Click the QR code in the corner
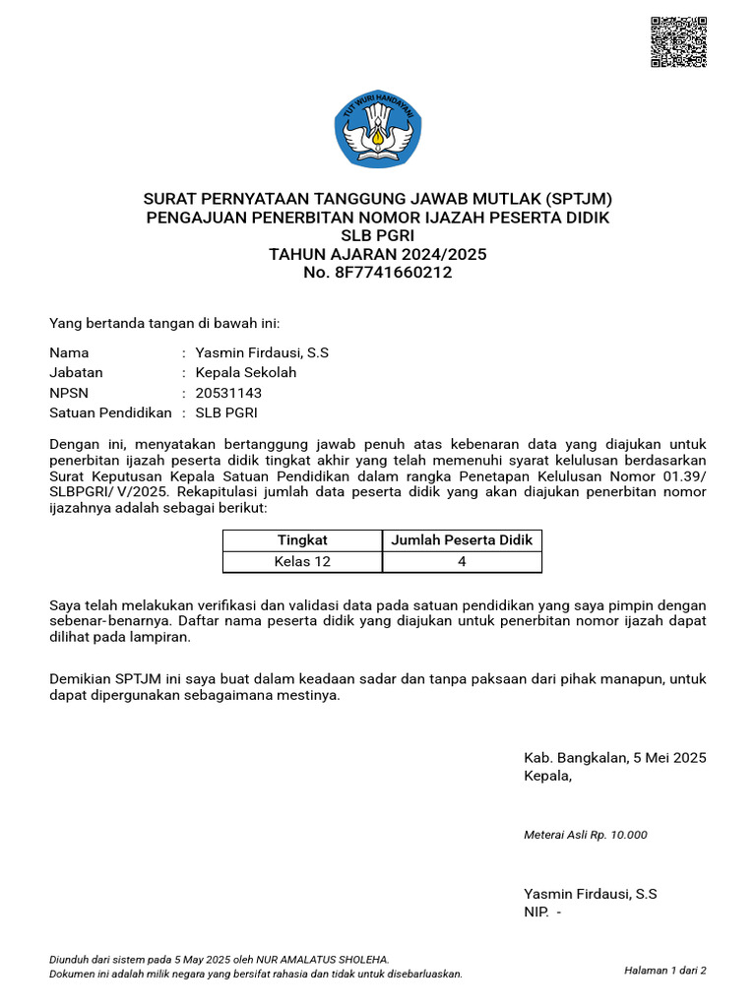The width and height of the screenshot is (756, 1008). coord(679,41)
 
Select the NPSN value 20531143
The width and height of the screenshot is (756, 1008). coord(228,393)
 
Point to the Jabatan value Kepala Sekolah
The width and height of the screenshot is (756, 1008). coord(246,372)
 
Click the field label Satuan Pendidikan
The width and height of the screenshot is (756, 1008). coord(110,412)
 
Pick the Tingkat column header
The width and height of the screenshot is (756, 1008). coord(302,539)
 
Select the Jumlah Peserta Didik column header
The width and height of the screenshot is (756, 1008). coord(462,539)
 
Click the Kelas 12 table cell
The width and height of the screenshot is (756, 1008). coord(302,561)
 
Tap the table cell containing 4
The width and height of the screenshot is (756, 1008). coord(462,561)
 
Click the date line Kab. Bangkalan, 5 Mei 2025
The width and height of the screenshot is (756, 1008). coord(615,758)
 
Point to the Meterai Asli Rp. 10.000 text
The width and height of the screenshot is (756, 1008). coord(586,835)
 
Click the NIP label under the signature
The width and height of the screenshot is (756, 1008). coord(535,913)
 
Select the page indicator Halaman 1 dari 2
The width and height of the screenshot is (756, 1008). coord(665,970)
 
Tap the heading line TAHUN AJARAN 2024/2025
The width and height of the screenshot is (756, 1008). coord(378,254)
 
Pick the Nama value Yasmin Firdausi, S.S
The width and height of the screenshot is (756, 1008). coord(262,352)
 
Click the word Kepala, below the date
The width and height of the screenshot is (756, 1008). coord(547,776)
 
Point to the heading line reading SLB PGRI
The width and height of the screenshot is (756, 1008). coord(378,235)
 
